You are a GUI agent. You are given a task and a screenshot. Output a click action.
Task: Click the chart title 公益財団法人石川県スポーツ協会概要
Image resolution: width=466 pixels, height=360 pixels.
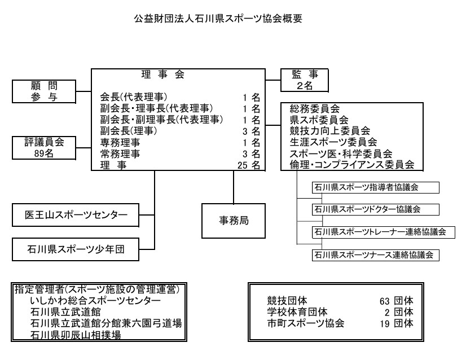point(218,19)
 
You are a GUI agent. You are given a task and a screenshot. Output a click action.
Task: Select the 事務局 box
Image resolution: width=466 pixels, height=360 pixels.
point(234,221)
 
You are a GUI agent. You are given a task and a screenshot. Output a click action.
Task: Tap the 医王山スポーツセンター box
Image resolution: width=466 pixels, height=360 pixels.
point(76,215)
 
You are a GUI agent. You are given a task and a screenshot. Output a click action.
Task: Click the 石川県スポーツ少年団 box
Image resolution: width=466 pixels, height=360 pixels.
point(76,249)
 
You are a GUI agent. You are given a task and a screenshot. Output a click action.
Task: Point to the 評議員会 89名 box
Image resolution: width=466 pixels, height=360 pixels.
point(44,148)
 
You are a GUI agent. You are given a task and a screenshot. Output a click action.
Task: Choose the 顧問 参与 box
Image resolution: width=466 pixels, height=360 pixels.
point(44,91)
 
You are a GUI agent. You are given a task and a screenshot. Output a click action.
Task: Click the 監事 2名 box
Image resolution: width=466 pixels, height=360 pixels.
point(305,80)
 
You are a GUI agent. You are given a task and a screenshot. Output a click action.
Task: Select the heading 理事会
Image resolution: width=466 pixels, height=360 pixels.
point(163,74)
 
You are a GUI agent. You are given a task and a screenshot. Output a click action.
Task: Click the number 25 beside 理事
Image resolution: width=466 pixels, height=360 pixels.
point(243,165)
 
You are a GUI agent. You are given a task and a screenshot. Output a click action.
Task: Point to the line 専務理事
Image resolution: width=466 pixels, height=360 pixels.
point(120,143)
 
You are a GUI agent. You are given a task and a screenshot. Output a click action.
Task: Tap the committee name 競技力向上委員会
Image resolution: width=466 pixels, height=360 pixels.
point(330,131)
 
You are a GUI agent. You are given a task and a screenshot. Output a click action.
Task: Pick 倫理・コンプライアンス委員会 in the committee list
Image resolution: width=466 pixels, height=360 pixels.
point(352,164)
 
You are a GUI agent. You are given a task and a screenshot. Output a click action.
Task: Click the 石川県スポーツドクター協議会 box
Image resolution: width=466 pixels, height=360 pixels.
point(376,209)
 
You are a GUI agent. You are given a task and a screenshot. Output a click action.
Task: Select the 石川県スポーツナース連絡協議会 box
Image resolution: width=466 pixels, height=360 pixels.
point(376,255)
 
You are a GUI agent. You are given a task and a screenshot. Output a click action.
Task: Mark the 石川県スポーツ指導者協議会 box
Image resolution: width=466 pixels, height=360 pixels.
point(376,187)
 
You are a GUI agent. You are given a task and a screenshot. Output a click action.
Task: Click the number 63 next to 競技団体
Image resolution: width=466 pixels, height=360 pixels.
point(385,301)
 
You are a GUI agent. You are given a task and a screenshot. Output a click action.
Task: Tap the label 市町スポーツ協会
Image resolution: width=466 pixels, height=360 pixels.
point(306,323)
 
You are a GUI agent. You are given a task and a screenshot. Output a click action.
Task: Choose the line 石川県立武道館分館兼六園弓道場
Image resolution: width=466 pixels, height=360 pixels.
point(106,323)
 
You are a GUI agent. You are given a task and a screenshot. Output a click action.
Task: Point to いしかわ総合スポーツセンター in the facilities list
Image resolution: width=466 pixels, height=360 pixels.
point(95,301)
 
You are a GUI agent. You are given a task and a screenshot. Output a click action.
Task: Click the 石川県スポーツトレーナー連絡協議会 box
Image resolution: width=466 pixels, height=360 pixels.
point(384,232)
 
